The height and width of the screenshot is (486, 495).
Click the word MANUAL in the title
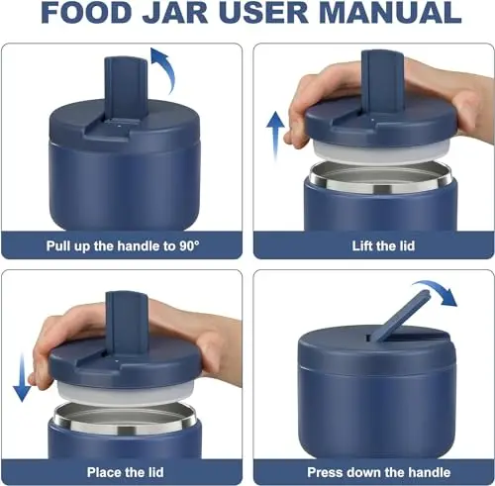coord(390,12)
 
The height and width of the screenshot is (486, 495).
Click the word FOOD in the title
coord(86,12)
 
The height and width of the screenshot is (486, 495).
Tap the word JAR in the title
coord(175,12)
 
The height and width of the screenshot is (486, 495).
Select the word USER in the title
coord(263,12)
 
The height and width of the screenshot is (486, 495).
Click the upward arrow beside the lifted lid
coord(275,137)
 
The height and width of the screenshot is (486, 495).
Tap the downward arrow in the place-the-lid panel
coord(22,377)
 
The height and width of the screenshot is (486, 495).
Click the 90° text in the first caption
coord(189,245)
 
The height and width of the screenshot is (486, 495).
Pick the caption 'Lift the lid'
coord(383,246)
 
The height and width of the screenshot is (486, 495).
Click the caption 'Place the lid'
coord(125,472)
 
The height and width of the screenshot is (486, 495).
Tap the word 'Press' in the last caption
coord(324,472)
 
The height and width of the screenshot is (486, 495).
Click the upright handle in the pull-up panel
coord(126,88)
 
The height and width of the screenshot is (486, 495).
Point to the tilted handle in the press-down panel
coord(400,316)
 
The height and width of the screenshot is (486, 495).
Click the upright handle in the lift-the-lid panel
coord(383,82)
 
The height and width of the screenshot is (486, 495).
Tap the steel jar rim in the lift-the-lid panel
coord(381,177)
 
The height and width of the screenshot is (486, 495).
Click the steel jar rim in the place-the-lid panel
coord(126,418)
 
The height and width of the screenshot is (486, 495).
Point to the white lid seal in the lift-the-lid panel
coord(381,153)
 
